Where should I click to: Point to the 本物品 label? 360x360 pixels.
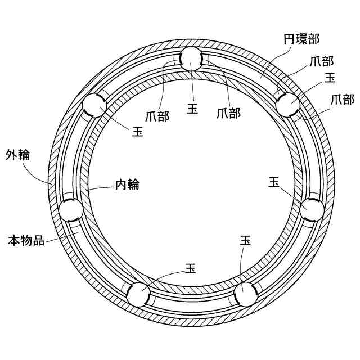26,240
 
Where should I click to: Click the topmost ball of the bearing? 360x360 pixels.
192,58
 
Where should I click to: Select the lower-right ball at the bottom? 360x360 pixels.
245,294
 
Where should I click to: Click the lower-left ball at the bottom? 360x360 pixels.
138,294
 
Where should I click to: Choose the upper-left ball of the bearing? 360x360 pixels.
94,105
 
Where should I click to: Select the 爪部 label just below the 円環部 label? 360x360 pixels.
321,61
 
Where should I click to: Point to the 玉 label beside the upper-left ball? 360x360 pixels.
137,132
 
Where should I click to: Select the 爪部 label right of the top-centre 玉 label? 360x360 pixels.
228,113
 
